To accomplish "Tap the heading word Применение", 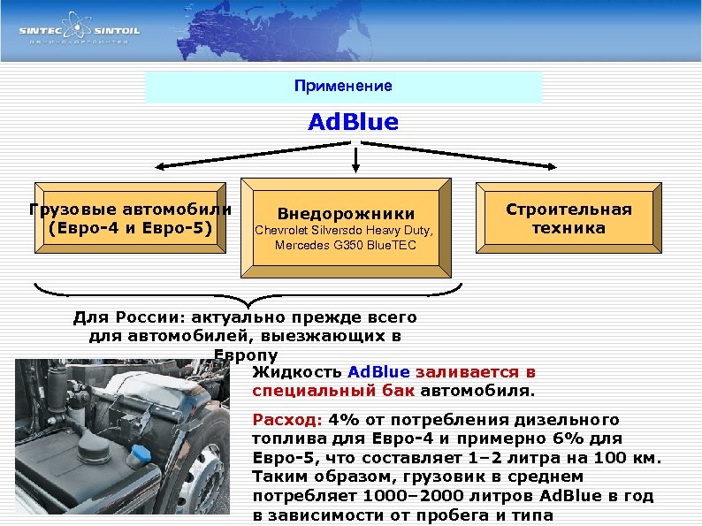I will pyautogui.click(x=344, y=86).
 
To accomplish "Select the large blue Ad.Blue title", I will pyautogui.click(x=353, y=121).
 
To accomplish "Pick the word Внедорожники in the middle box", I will pyautogui.click(x=346, y=213).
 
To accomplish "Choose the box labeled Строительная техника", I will pyautogui.click(x=568, y=218).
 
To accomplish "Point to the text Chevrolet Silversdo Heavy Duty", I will pyautogui.click(x=346, y=231).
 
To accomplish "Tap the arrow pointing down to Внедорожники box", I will pyautogui.click(x=355, y=164).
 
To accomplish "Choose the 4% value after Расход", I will pyautogui.click(x=340, y=419).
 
